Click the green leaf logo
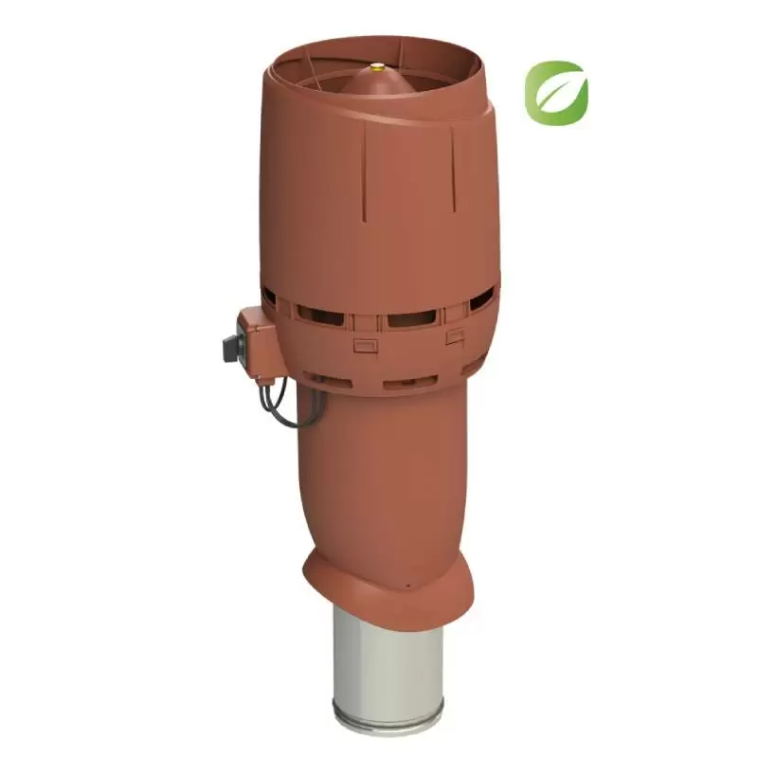pyautogui.click(x=556, y=93)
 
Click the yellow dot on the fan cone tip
pyautogui.click(x=378, y=67)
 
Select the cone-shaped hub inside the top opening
pyautogui.click(x=378, y=83)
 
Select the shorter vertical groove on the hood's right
pyautogui.click(x=453, y=161)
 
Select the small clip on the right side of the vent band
pyautogui.click(x=455, y=336)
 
